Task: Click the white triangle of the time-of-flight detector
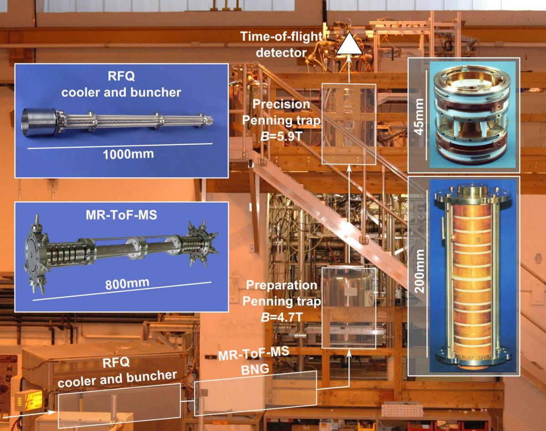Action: coord(349,45)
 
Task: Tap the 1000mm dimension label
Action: coord(128,154)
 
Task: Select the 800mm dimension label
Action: coord(127,284)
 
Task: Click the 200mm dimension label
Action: coord(419,271)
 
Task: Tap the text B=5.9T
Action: coord(281,137)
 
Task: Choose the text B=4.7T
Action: coord(282,317)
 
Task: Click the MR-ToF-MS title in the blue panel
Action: coord(121,215)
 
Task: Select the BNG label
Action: coord(255,369)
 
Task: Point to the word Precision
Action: coord(281,104)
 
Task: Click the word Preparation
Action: coord(282,285)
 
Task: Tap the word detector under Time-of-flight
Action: coord(281,53)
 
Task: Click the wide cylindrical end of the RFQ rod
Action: coord(39,122)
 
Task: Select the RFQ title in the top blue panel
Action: coord(121,76)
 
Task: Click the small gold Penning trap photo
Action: coord(472,115)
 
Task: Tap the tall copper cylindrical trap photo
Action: coord(472,276)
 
